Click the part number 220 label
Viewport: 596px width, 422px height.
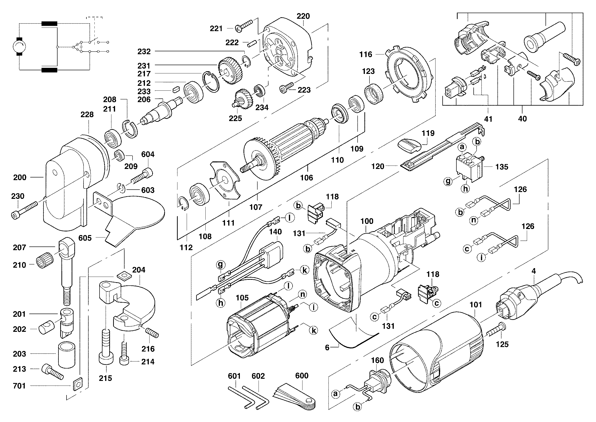coord(303,16)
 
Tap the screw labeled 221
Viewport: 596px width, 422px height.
coord(244,26)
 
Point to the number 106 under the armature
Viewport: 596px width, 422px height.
coord(307,178)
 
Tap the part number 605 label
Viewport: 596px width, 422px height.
coord(85,238)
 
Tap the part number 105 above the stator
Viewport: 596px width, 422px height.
coord(242,298)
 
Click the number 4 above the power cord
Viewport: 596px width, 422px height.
coord(533,271)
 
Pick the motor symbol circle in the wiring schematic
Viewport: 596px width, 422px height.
coord(19,47)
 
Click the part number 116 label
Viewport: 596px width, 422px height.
coord(366,54)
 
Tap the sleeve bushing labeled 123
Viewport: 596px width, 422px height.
coord(374,94)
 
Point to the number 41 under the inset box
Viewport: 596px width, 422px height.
coord(488,119)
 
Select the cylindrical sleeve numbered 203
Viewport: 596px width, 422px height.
coord(67,355)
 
